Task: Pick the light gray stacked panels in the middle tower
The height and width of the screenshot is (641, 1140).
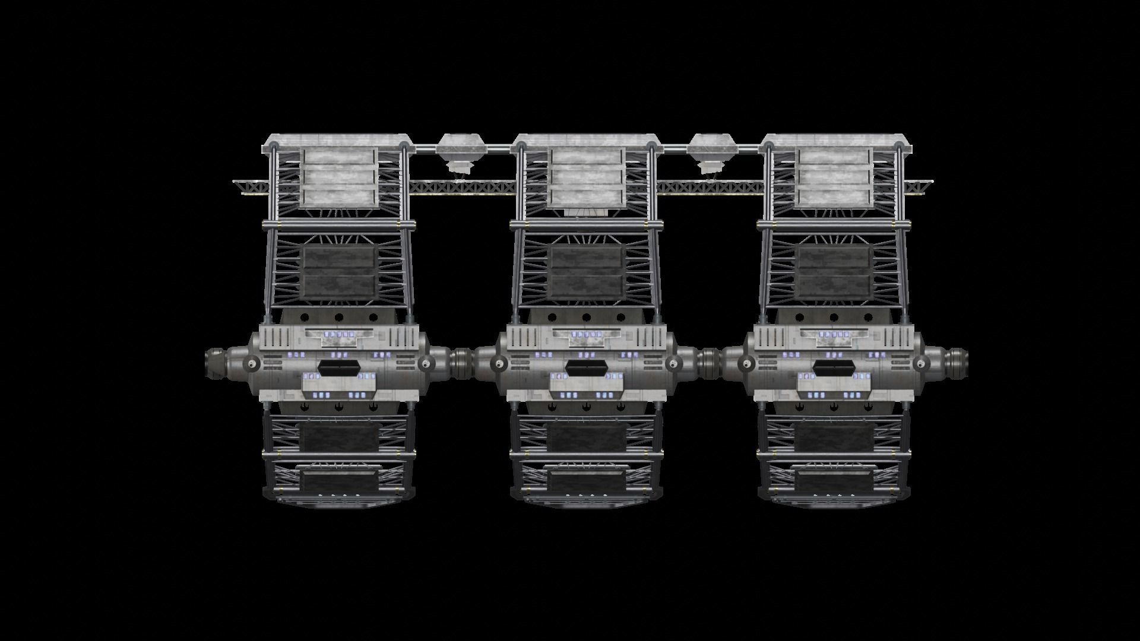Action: click(x=587, y=178)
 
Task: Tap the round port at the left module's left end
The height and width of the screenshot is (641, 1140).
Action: click(x=253, y=363)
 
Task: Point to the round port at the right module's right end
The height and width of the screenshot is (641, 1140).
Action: click(x=920, y=363)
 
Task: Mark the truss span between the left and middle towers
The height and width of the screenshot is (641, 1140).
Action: click(x=460, y=188)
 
